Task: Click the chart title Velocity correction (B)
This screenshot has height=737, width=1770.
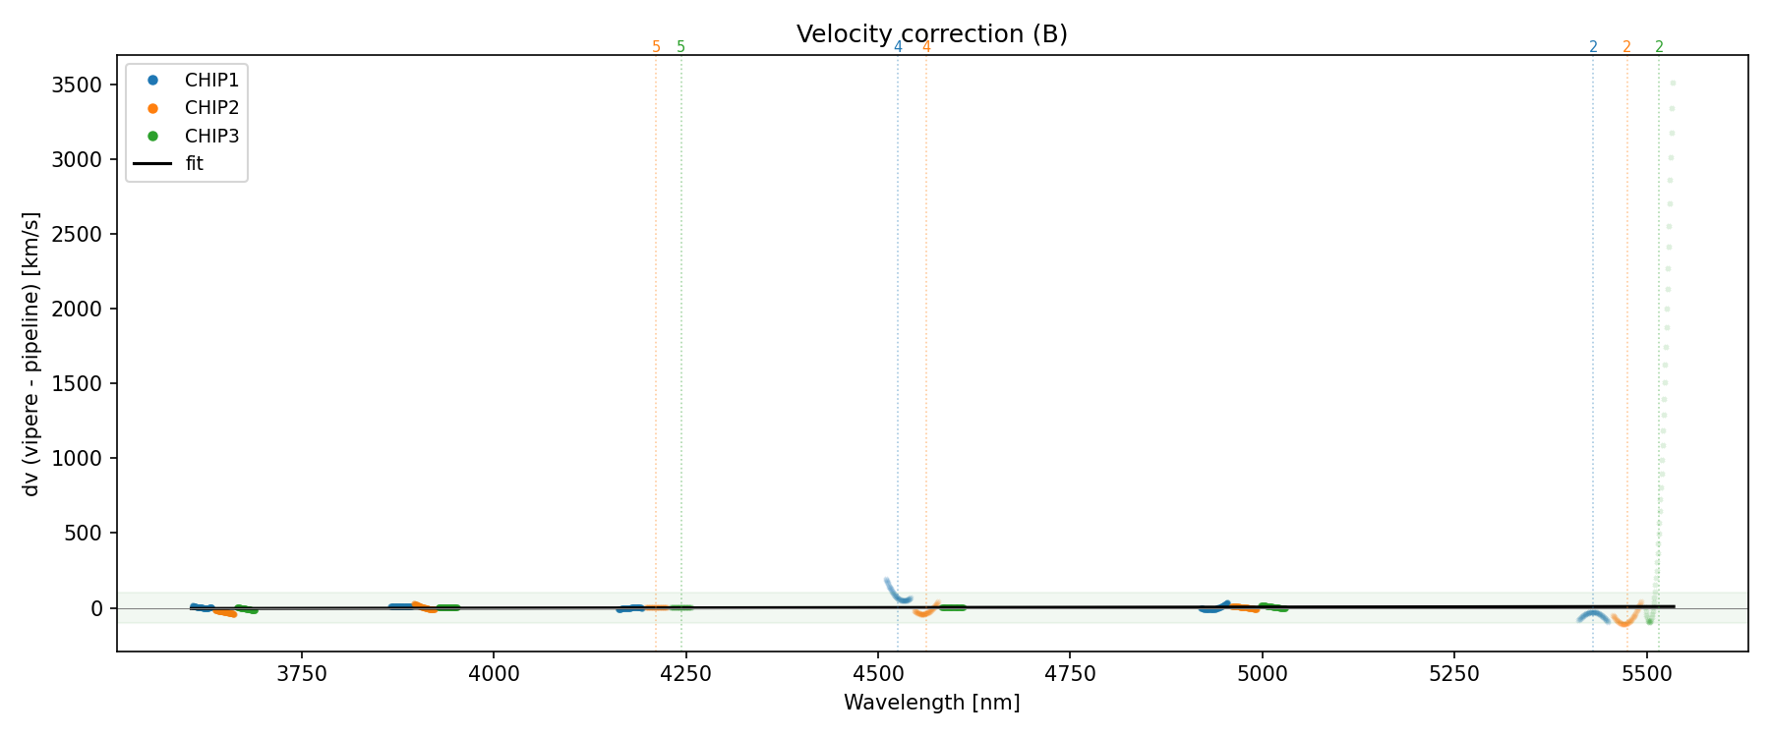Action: point(931,34)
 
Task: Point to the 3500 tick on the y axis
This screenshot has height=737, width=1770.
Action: point(77,85)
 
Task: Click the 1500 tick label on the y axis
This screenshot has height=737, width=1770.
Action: point(77,384)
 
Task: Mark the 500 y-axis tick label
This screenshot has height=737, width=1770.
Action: point(83,534)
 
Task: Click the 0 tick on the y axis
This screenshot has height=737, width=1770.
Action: point(96,608)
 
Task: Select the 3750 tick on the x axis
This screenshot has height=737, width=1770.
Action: point(302,674)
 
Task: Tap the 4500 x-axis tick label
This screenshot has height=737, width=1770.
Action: point(877,674)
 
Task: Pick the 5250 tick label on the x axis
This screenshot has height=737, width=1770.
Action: point(1453,674)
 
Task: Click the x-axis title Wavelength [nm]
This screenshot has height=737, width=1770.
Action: point(931,703)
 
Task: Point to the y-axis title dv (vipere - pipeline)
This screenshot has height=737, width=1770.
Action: point(31,354)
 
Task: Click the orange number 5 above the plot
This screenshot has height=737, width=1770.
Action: point(656,47)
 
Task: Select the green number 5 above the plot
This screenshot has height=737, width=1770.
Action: point(680,47)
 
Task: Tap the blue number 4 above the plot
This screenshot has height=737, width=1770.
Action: point(898,47)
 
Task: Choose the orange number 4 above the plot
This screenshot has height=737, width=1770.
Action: point(926,47)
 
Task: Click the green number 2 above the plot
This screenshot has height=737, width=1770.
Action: point(1659,47)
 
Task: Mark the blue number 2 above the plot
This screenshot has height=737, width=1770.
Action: point(1593,47)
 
